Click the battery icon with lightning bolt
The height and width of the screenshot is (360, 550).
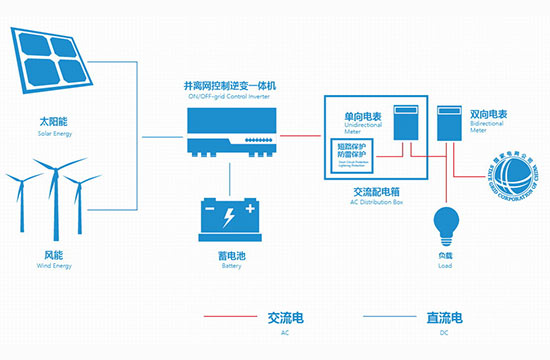pos(231,213)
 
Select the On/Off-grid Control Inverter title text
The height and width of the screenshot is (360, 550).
pos(231,90)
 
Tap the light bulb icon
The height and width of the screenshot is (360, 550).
pos(445,220)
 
